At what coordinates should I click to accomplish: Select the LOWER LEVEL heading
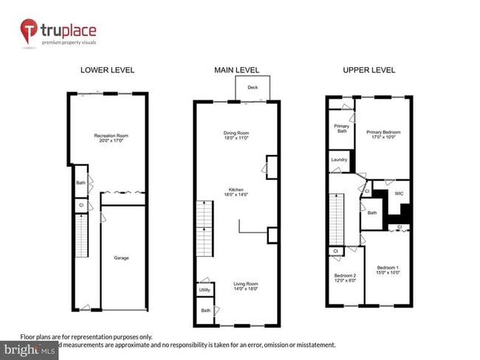pos(107,70)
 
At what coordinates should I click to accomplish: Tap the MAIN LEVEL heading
pos(237,70)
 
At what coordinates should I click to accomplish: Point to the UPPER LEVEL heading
pos(368,70)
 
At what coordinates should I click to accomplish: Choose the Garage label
pos(121,257)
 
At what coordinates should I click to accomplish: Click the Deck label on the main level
pos(253,87)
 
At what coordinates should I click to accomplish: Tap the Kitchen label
pos(237,190)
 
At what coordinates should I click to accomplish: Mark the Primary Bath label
pos(342,128)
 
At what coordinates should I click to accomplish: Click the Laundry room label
pos(339,159)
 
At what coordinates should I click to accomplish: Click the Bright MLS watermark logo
pos(30,347)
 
